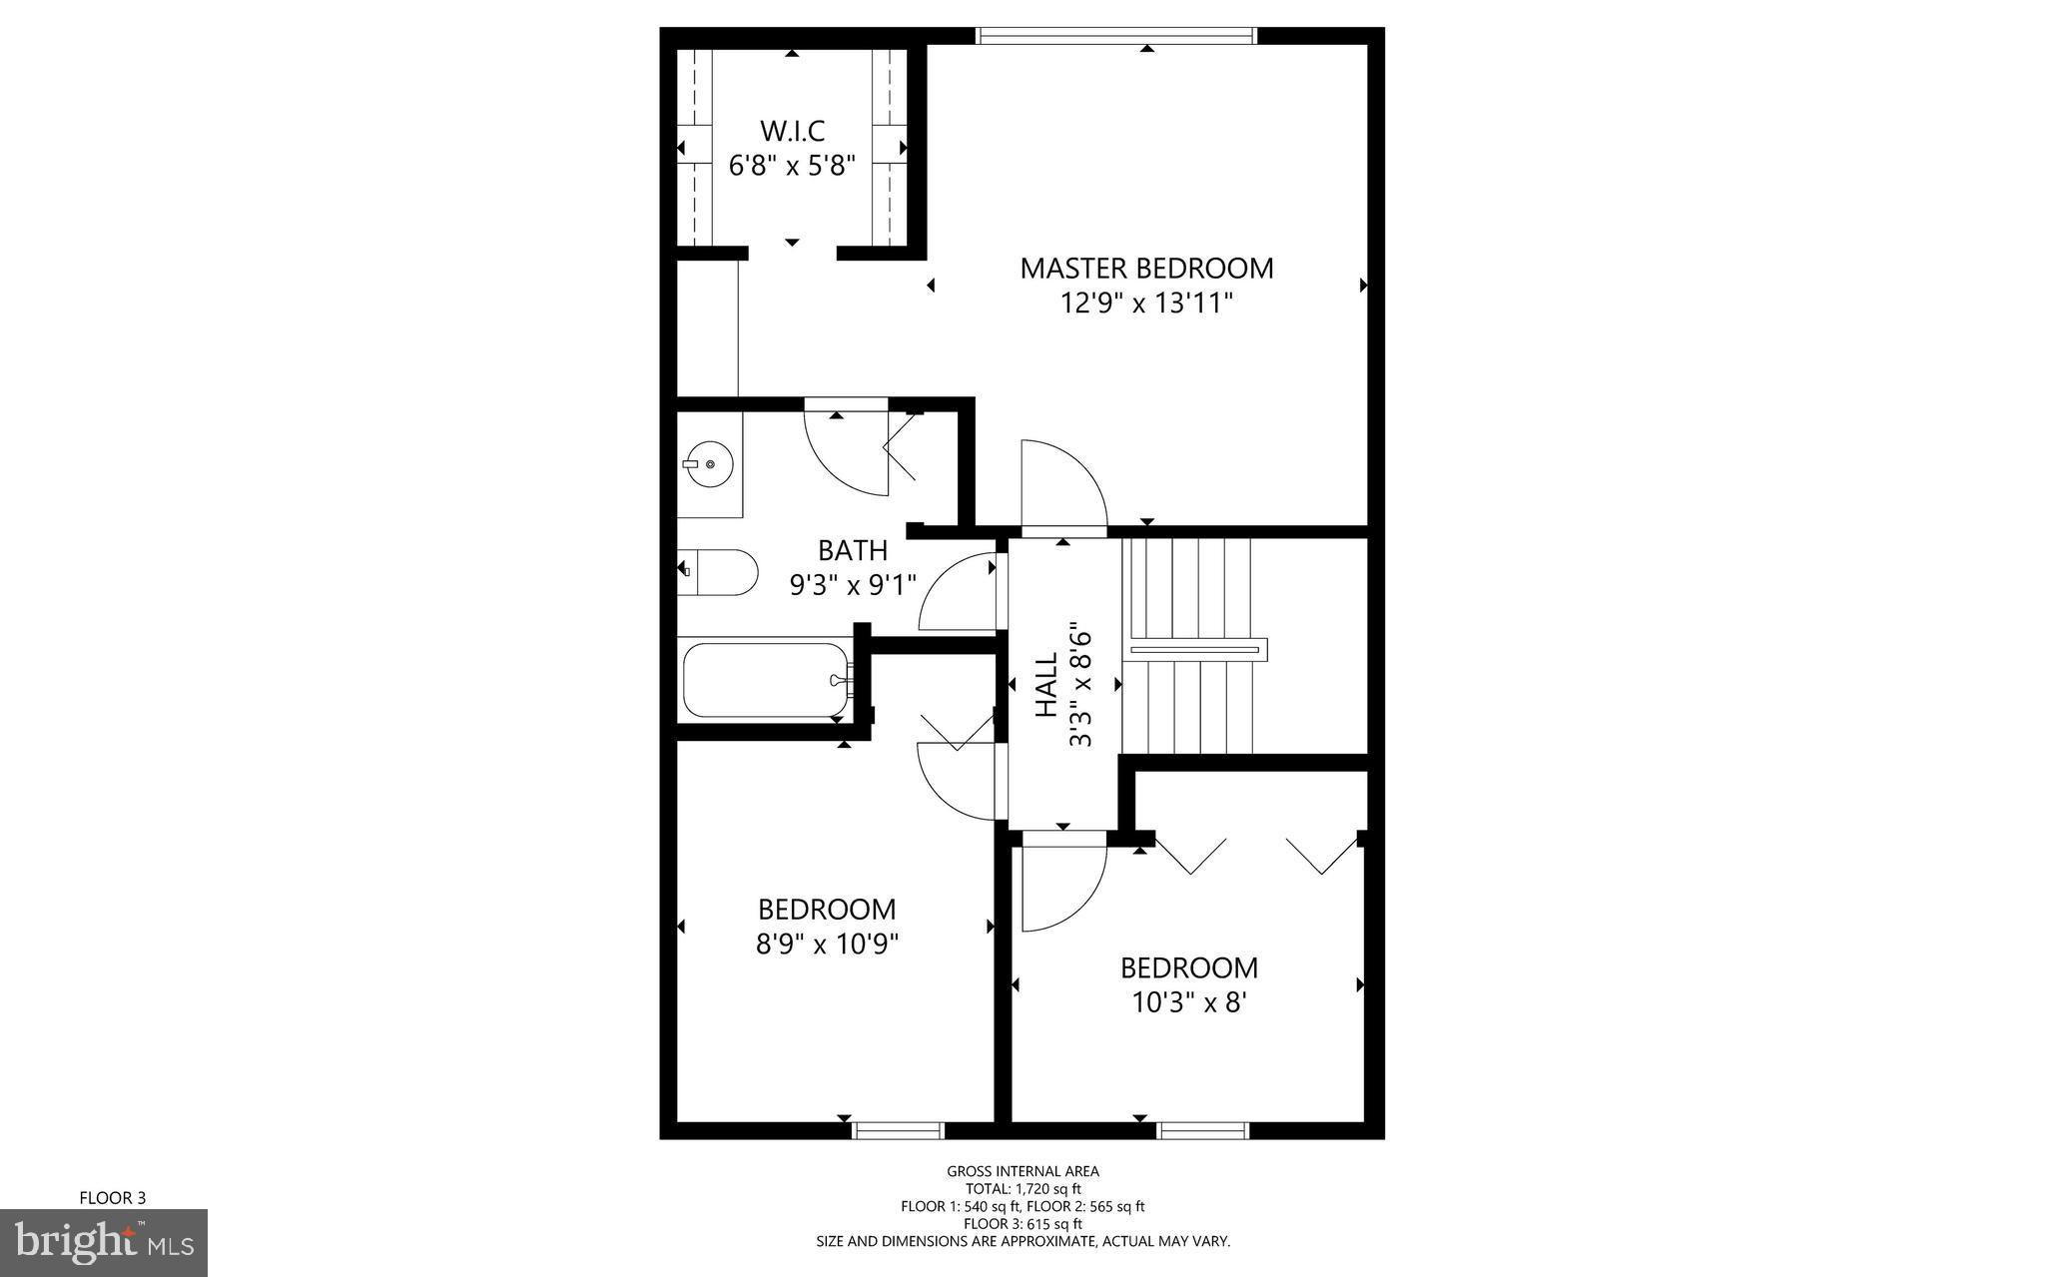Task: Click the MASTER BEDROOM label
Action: [x=1146, y=268]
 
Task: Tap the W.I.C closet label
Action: [x=792, y=131]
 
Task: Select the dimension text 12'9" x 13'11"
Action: [x=1146, y=303]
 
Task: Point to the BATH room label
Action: [x=852, y=550]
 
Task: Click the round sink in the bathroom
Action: [x=709, y=464]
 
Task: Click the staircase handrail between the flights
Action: [x=1194, y=649]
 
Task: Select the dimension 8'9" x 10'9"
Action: [x=827, y=944]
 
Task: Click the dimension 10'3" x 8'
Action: [x=1188, y=1001]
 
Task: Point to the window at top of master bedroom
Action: [x=1115, y=36]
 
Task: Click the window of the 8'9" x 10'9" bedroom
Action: [x=898, y=1130]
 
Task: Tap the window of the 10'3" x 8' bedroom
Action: [x=1202, y=1130]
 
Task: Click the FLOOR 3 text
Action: [x=112, y=1198]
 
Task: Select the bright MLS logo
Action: [x=104, y=1242]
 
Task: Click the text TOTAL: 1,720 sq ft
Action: [x=1022, y=1189]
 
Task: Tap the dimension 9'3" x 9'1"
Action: [x=852, y=585]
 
